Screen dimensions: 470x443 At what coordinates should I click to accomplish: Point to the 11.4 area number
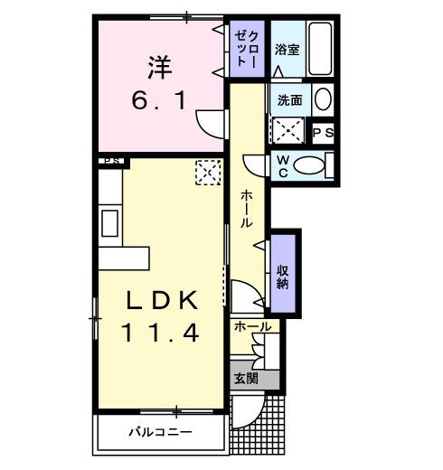coord(160,333)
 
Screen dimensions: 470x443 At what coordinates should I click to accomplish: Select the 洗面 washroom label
coord(288,99)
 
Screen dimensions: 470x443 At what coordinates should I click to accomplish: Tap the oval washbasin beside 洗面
coord(322,99)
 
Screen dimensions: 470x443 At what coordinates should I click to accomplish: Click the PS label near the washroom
coord(323,133)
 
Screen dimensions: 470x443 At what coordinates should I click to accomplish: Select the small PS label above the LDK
coord(111,163)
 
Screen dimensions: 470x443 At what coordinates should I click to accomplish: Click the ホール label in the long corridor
coord(246,209)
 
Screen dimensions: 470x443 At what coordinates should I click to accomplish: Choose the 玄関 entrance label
coord(245,379)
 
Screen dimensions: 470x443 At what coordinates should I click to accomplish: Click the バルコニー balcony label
coord(159,432)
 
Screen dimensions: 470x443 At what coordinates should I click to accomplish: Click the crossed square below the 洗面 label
coord(288,129)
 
